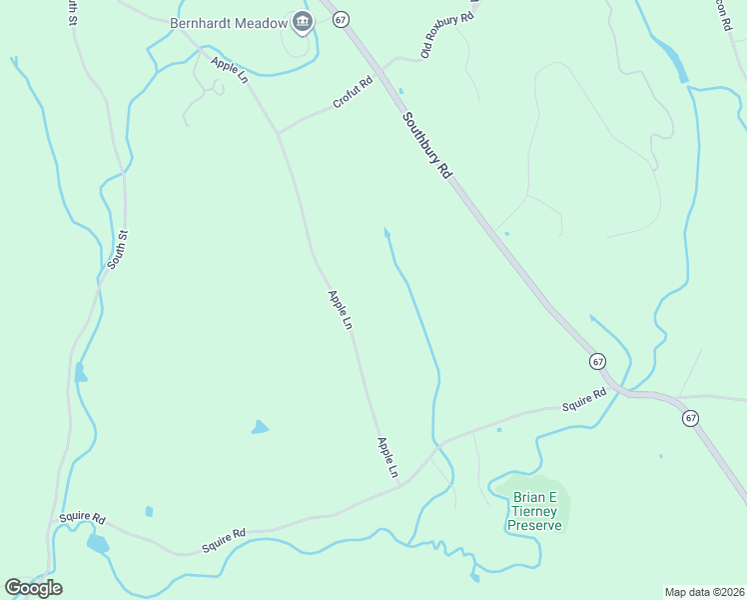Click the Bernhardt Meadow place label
click(228, 23)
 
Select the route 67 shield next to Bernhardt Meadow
click(341, 20)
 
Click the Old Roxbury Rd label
click(445, 36)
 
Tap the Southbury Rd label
click(428, 144)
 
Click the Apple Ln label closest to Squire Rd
click(387, 456)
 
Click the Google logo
click(34, 587)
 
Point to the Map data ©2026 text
click(704, 591)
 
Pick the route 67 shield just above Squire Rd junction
click(597, 361)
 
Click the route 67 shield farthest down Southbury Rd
click(690, 417)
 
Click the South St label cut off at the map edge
click(70, 13)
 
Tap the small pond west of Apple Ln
click(260, 427)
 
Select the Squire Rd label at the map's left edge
click(81, 518)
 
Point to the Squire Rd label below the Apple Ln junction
click(224, 541)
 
